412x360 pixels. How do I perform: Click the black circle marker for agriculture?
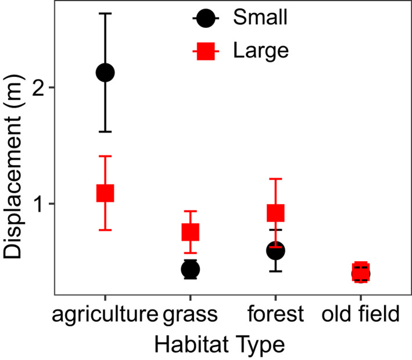coord(105,73)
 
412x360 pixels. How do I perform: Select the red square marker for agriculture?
coord(105,193)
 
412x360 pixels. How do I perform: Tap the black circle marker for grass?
coord(191,269)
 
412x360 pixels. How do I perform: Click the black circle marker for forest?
coord(275,251)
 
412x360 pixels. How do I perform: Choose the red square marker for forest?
coord(275,213)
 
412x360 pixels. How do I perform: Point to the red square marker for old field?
coord(361,272)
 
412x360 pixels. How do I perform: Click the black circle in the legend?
coord(205,19)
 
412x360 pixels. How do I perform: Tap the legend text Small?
coord(260,19)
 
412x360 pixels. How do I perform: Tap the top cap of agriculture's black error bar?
coord(105,13)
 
